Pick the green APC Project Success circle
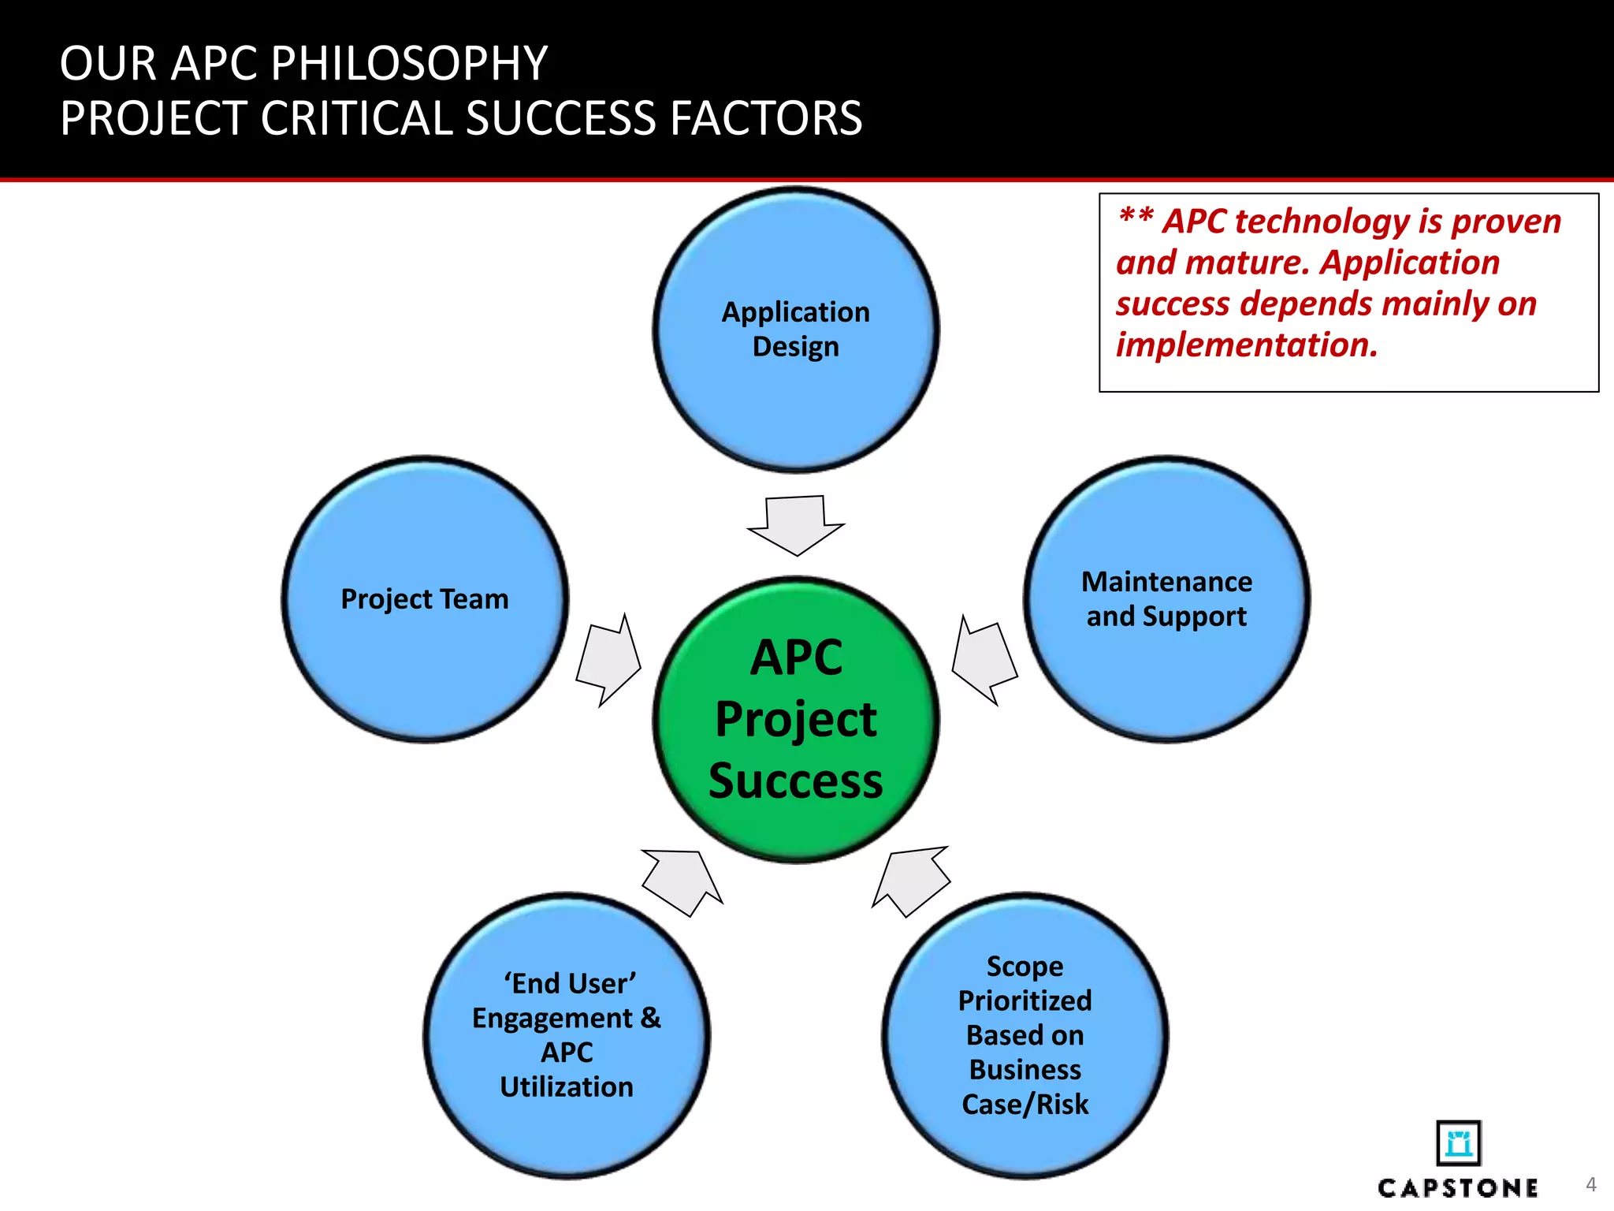pos(796,719)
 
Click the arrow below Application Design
pos(796,525)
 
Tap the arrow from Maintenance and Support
pos(984,659)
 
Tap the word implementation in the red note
pos(1246,345)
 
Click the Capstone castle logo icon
pos(1458,1142)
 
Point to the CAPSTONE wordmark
pos(1458,1188)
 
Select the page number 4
pos(1590,1184)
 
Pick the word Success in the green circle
pos(796,781)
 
